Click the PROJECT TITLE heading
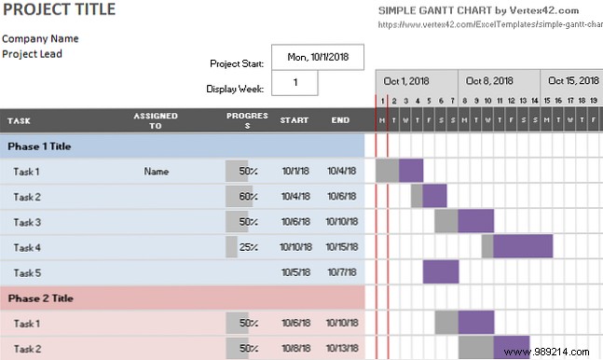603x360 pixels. coord(59,10)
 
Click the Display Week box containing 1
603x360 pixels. coord(295,82)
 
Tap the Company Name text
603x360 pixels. coord(40,39)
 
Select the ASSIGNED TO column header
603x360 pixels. coord(156,120)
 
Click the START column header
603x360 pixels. coord(295,120)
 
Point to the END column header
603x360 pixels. coord(341,120)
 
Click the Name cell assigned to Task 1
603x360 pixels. coord(157,172)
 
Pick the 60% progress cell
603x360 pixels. coord(247,197)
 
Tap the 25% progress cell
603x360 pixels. coord(247,247)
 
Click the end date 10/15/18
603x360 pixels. coord(342,247)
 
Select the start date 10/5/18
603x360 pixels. coord(295,272)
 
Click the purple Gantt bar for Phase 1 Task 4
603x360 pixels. coord(523,246)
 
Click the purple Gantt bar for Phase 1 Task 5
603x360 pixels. coord(441,271)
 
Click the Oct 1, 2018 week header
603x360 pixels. coord(406,80)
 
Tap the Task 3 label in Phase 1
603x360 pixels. coord(27,222)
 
